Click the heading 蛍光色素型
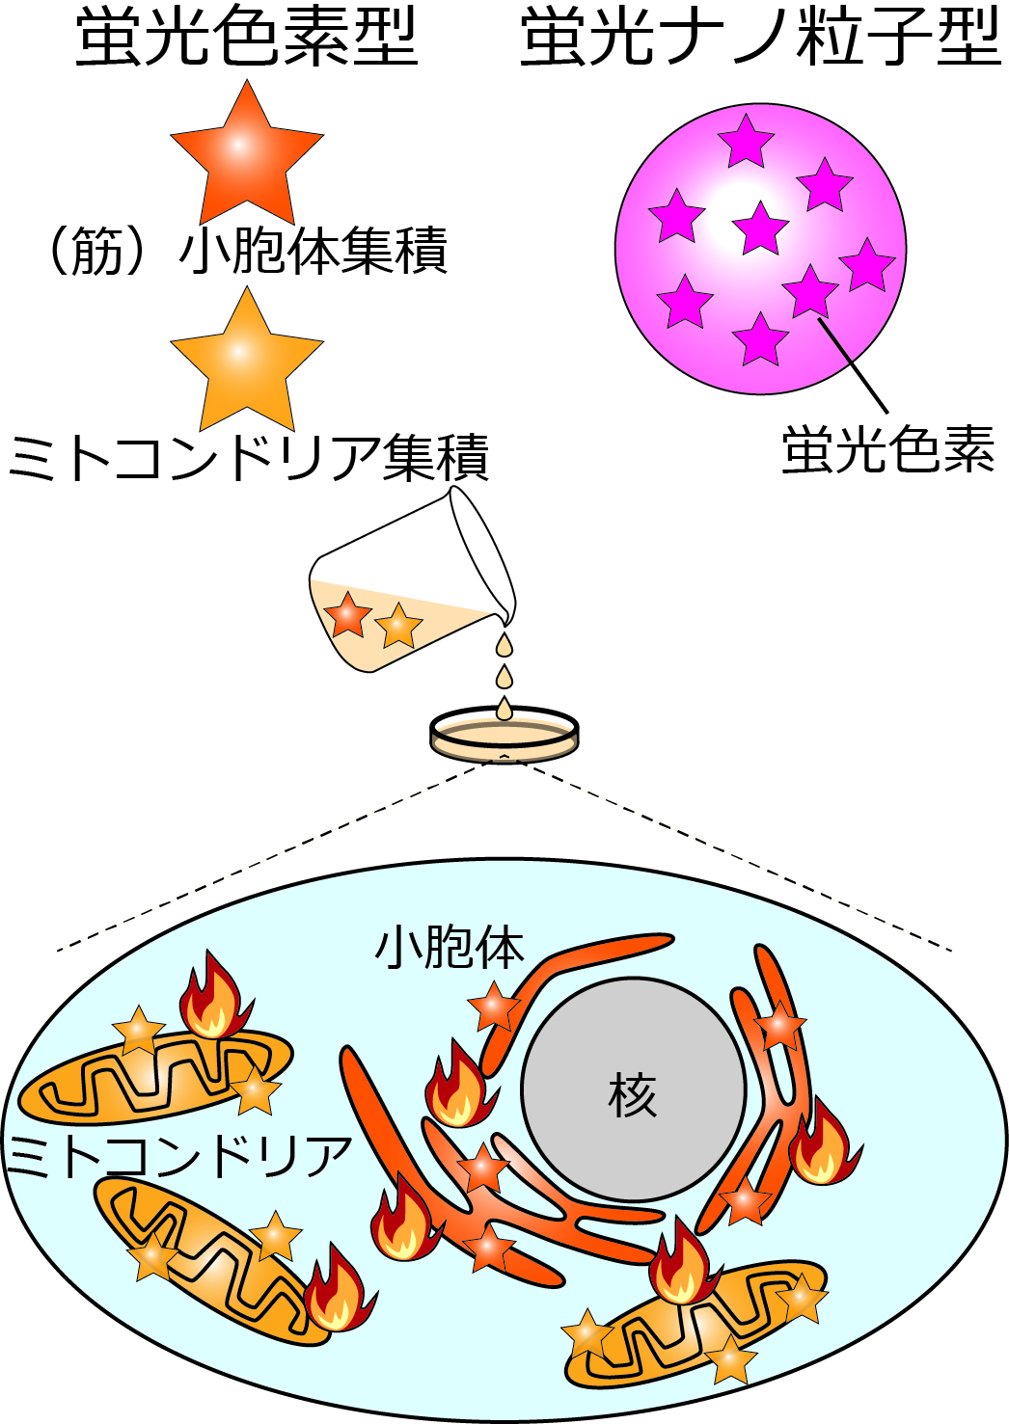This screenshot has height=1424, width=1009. (247, 39)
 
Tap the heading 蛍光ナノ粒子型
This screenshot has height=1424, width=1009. (760, 39)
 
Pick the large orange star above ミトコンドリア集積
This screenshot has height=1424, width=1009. (247, 362)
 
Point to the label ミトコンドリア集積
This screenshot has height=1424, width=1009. (249, 456)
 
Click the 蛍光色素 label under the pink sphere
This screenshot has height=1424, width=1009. (887, 449)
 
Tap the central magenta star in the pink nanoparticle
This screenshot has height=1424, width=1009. (761, 229)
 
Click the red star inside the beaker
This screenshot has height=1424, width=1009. (348, 615)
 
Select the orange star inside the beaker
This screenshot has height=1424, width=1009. (398, 626)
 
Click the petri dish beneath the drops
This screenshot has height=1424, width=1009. (504, 736)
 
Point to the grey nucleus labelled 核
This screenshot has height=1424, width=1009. (633, 1089)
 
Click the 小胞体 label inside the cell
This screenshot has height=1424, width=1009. (450, 947)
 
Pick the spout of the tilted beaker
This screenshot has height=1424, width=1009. (507, 614)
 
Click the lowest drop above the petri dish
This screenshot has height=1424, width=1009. (504, 709)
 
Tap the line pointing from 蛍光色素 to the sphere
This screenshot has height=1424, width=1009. (853, 365)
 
